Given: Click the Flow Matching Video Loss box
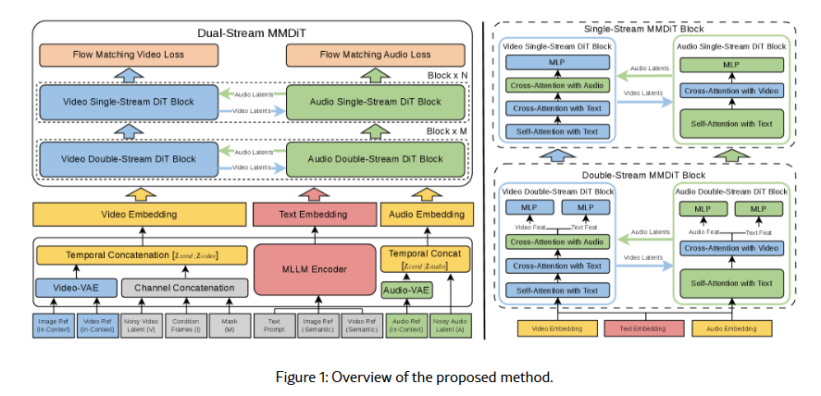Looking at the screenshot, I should point(129,55).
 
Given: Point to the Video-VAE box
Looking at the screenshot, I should point(76,287).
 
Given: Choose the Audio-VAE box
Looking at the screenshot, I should point(407,291).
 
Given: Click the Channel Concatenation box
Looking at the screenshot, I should point(183,287).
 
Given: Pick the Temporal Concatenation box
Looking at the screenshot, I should point(142,254).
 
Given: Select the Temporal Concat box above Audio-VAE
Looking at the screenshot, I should point(427,258).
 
